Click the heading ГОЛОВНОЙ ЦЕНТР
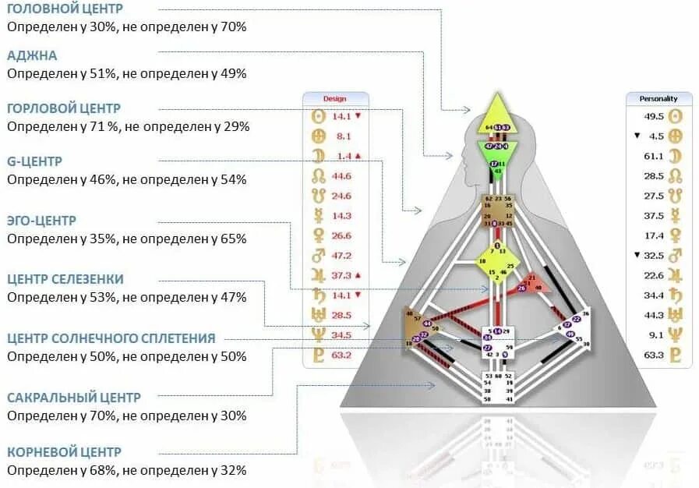[x=65, y=9]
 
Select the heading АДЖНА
[x=32, y=55]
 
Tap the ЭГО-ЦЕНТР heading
[x=42, y=221]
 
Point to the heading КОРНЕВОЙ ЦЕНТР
[x=65, y=452]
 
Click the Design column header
[x=335, y=99]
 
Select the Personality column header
[x=658, y=99]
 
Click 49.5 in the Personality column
[x=653, y=116]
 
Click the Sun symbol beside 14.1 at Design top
[x=317, y=116]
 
